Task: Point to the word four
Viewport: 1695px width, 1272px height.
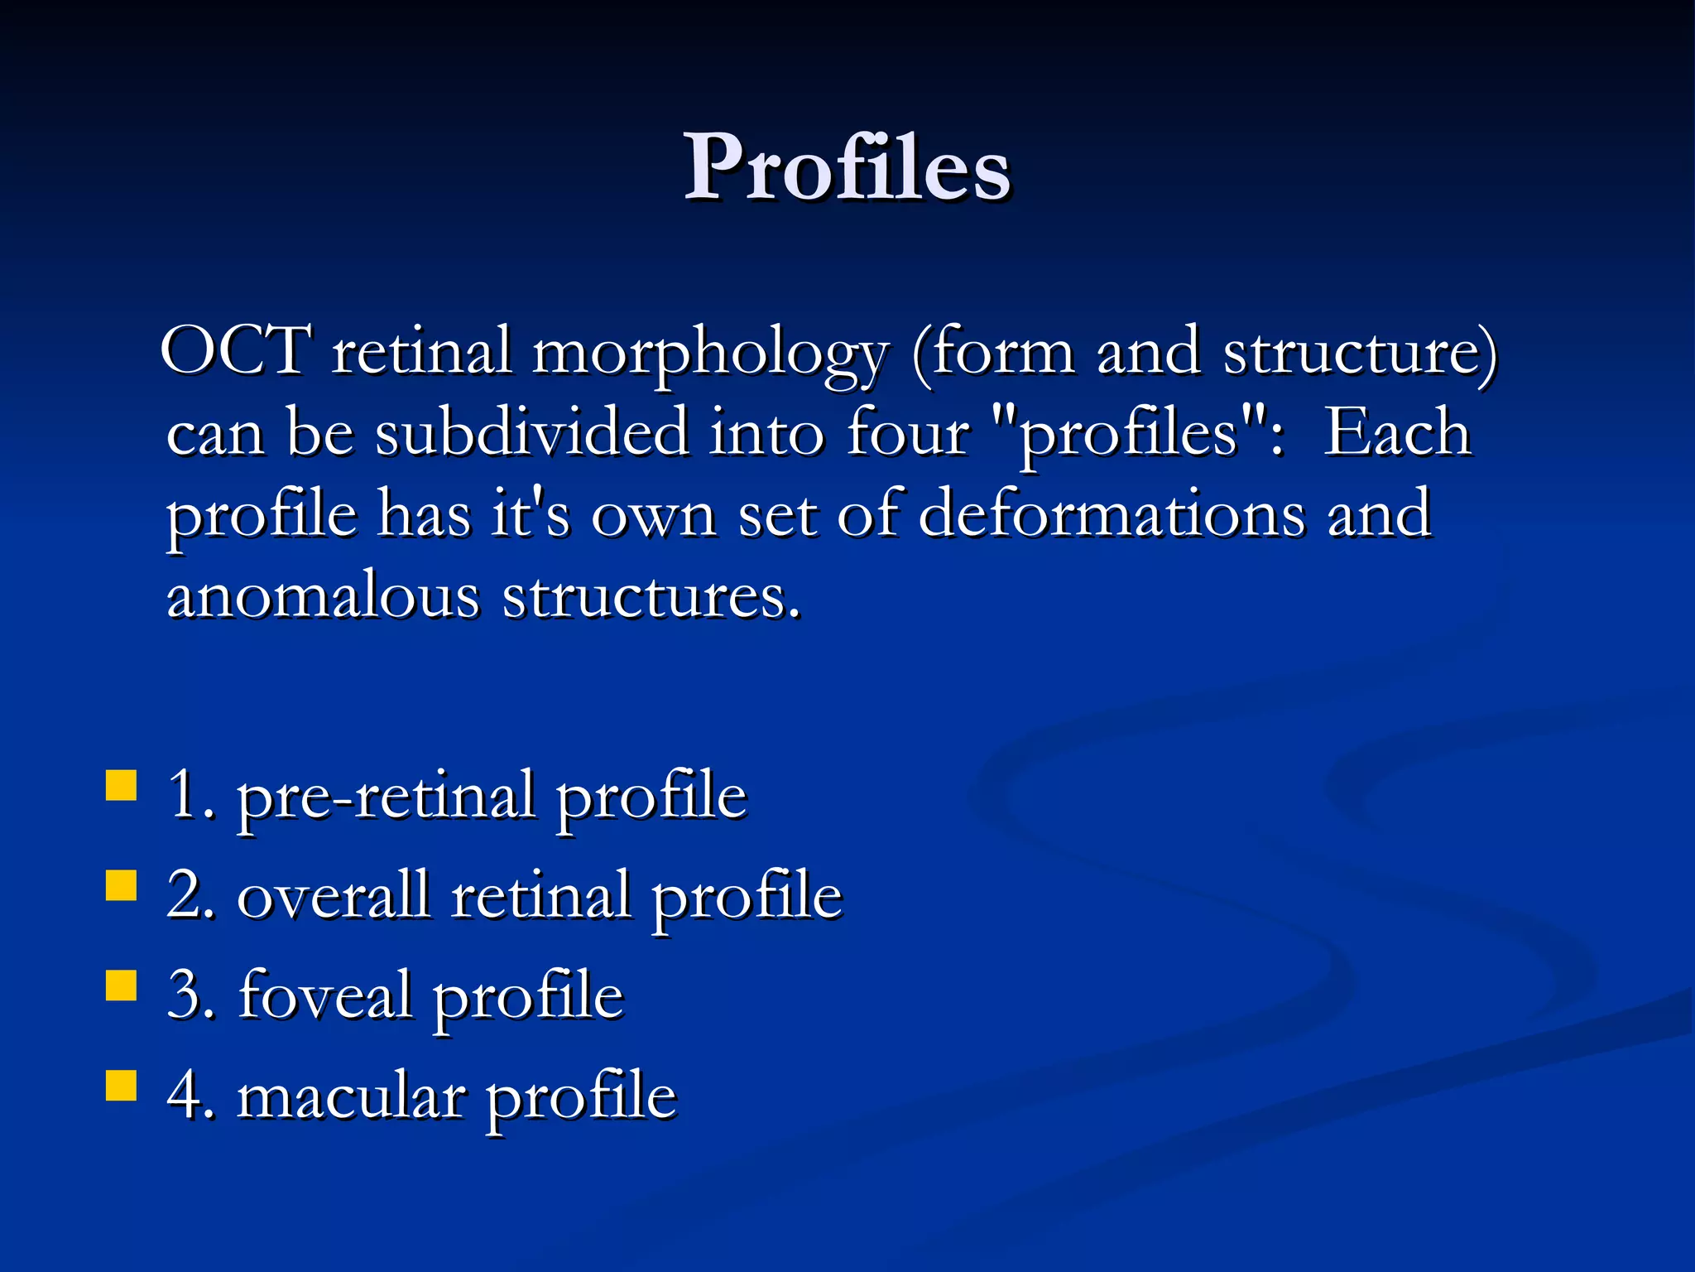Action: pos(907,432)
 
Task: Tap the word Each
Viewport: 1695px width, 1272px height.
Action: pos(1397,432)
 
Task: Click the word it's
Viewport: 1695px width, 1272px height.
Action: pos(531,513)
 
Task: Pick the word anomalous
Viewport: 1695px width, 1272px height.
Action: pos(323,595)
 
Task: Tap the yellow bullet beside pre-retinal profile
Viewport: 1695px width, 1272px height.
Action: pos(122,785)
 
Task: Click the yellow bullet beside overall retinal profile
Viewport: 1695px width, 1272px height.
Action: pos(122,884)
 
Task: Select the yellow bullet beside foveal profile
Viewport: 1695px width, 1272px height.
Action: pos(122,985)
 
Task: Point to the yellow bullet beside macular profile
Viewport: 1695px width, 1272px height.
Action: pos(122,1085)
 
